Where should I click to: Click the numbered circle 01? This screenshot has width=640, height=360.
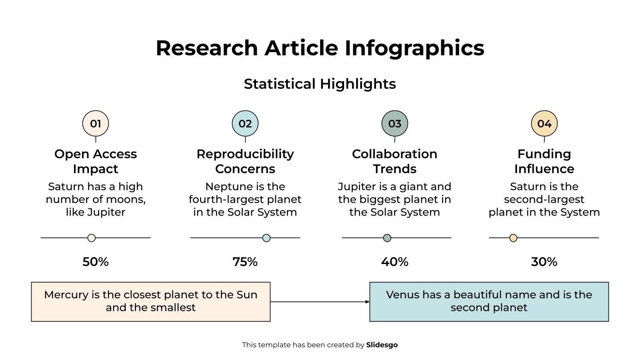pos(96,124)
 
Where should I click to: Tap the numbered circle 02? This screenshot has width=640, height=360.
pos(245,124)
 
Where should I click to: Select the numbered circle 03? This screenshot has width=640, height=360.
pos(395,124)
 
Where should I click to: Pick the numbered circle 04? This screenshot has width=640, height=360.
pos(544,124)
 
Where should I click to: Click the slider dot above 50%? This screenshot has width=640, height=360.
pos(92,238)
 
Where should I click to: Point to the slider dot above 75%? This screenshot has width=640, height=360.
pos(266,238)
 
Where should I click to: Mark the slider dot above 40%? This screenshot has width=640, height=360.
pos(387,238)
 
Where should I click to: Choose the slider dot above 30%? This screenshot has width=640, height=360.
pos(513,238)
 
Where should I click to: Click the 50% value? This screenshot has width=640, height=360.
pos(96,262)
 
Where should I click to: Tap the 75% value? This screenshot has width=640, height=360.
pos(245,262)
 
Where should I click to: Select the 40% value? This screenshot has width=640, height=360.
pos(395,262)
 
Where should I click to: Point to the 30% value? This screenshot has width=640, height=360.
pos(544,262)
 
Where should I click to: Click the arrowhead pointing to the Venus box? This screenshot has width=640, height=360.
pos(367,302)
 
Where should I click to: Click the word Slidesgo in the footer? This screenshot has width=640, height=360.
pos(382,345)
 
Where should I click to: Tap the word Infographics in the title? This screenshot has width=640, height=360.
pos(414,48)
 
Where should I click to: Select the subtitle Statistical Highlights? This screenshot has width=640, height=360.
pos(320,84)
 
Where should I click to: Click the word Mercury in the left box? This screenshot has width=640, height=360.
pos(66,295)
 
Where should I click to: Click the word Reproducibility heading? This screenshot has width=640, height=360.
pos(245,154)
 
